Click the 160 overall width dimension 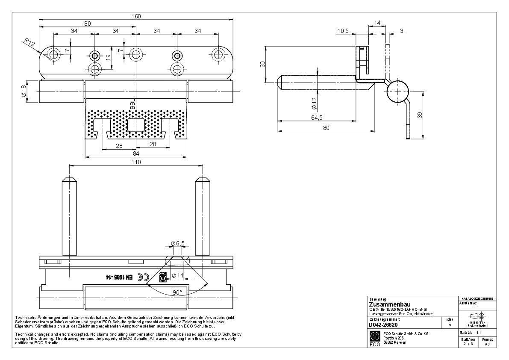click(x=136, y=16)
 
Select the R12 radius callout click(x=29, y=42)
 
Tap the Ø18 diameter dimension click(x=24, y=91)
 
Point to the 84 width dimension click(x=136, y=153)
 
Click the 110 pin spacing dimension click(x=136, y=162)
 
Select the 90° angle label click(x=177, y=292)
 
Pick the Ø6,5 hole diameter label click(x=177, y=243)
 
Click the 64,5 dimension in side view click(x=317, y=118)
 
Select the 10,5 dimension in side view click(x=343, y=31)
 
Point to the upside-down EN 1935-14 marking click(x=116, y=277)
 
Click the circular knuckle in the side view click(x=398, y=91)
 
